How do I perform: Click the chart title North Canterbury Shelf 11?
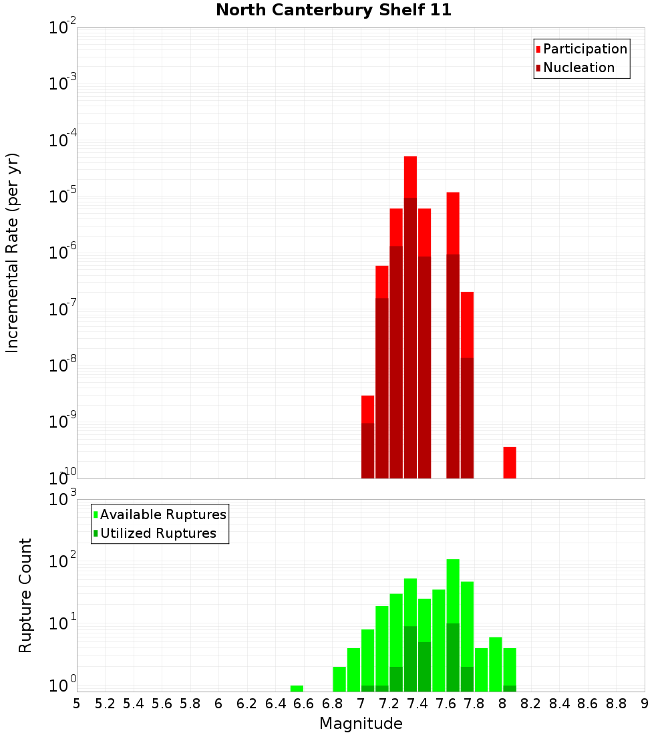pos(333,11)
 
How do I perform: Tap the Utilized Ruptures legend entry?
pos(158,533)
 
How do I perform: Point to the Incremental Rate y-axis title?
pos(12,253)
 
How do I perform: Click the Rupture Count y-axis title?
pos(25,595)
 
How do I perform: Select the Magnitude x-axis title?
pos(361,724)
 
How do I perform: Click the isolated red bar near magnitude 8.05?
pos(510,462)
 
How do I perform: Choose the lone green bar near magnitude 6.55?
pos(297,688)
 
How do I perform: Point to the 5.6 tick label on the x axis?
pos(162,703)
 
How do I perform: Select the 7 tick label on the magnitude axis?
pos(361,703)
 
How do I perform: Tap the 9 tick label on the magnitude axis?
pos(645,703)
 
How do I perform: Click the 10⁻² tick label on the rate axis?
pos(63,28)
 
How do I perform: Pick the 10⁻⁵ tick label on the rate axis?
pos(63,197)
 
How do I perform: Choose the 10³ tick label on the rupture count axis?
pos(63,499)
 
